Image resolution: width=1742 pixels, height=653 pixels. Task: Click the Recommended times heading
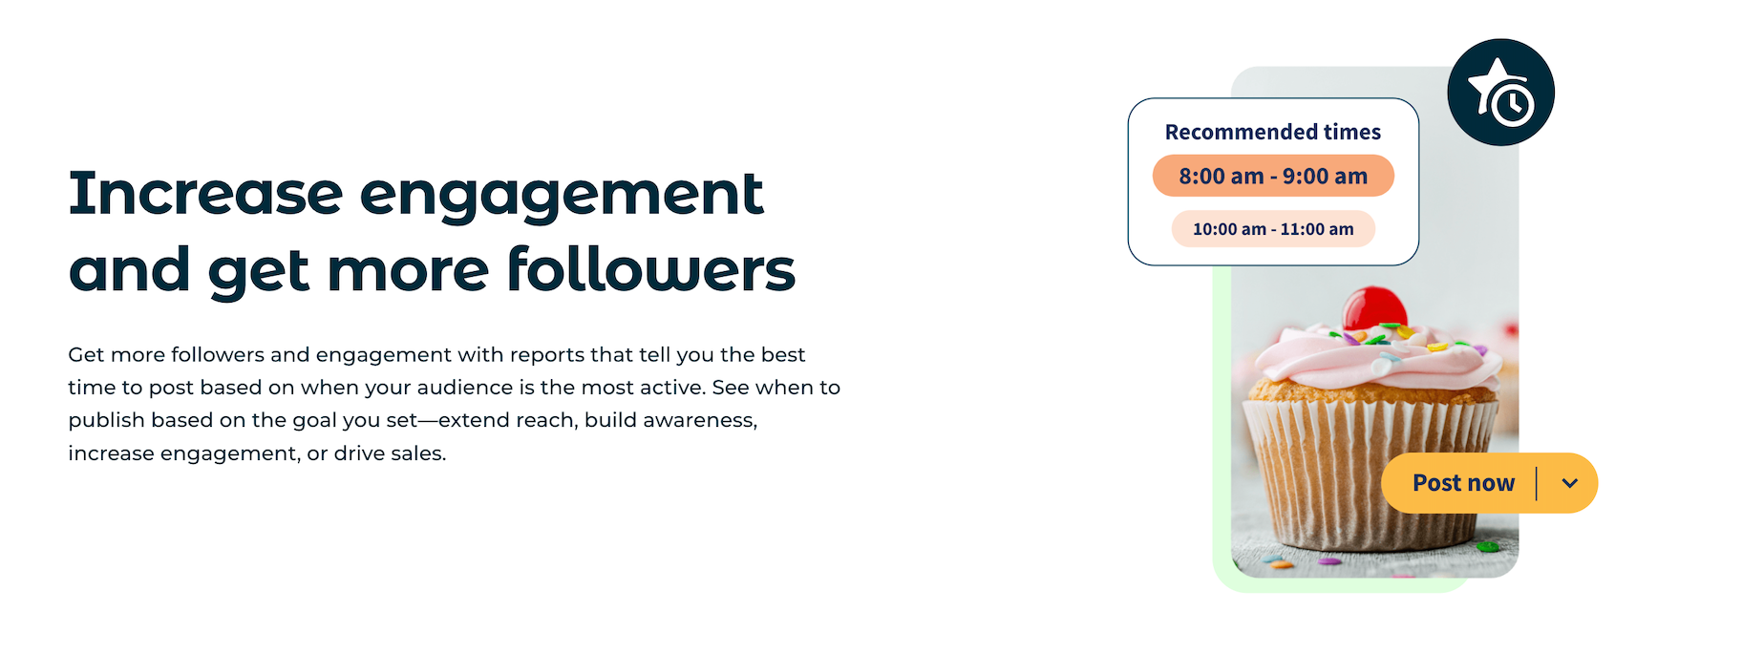coord(1272,132)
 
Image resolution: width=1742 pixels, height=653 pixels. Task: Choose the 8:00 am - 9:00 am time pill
coord(1273,176)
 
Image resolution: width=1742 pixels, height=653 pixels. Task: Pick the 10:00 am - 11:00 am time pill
coord(1273,229)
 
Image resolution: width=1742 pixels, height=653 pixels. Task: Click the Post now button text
coord(1463,483)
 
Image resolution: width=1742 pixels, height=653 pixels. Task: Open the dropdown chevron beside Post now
coord(1569,483)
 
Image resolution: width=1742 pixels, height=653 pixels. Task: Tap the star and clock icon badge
coord(1500,93)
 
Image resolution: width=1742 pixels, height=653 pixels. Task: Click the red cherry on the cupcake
coord(1374,308)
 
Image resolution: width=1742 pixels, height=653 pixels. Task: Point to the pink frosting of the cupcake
coord(1375,358)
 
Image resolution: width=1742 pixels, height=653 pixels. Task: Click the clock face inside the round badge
coord(1511,104)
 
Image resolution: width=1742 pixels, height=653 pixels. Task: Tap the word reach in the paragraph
coord(547,420)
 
